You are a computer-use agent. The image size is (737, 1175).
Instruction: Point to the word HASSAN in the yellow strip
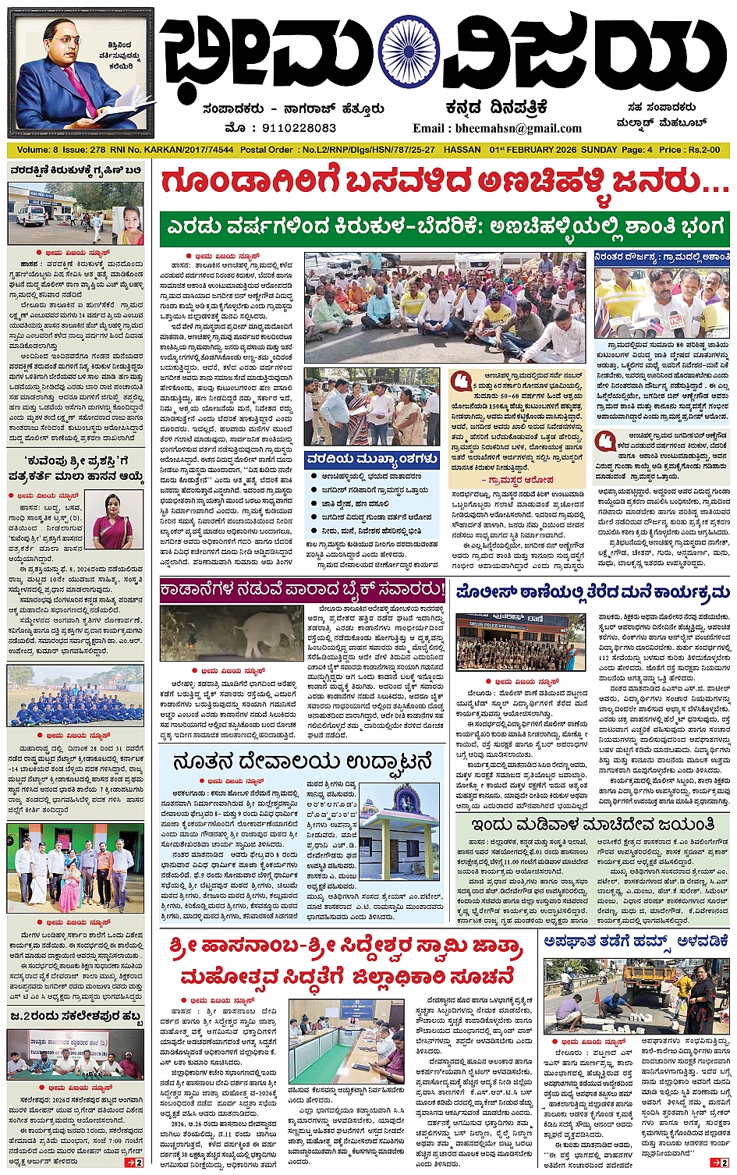[x=462, y=150]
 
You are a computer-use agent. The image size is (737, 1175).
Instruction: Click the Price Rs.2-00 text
[x=689, y=150]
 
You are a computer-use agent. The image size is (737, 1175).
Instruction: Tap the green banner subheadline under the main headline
[x=445, y=229]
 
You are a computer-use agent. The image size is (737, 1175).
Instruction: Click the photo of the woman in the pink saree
[x=112, y=521]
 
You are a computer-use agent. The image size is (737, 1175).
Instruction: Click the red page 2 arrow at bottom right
[x=718, y=1163]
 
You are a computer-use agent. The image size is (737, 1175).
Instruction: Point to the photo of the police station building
[x=520, y=643]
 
